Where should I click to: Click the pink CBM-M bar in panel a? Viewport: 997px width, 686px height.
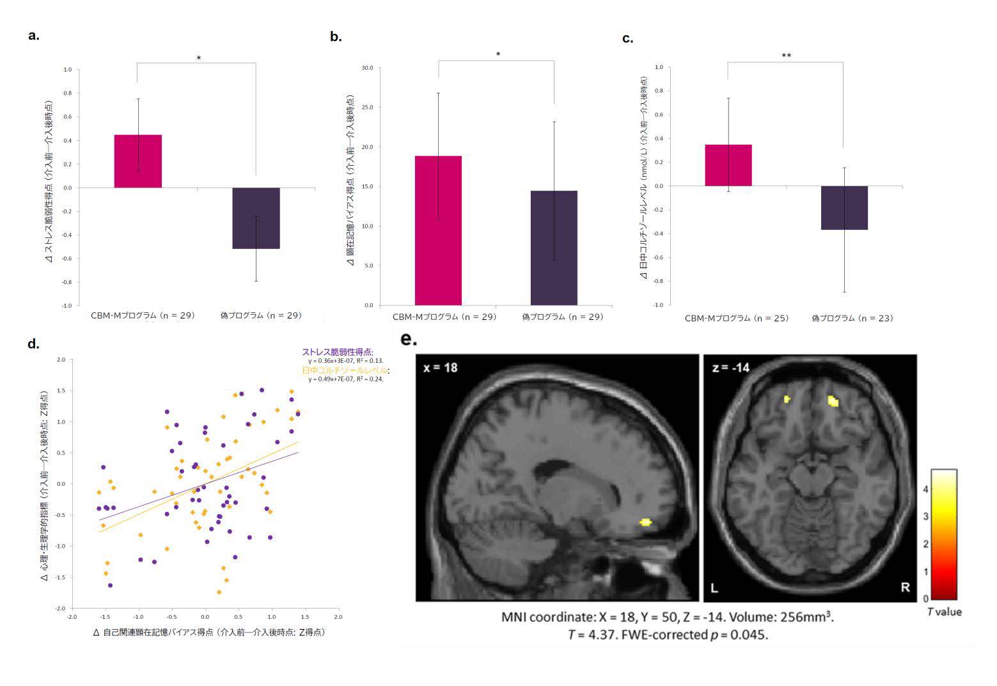(x=138, y=161)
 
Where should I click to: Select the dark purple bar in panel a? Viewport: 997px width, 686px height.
(x=256, y=218)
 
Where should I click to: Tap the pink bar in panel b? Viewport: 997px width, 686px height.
(x=438, y=230)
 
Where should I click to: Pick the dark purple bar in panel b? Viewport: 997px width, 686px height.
(x=554, y=248)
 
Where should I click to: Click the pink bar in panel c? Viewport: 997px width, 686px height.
(x=728, y=165)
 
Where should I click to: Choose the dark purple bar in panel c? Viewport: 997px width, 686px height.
(x=844, y=207)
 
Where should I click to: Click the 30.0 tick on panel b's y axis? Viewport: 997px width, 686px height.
(x=366, y=67)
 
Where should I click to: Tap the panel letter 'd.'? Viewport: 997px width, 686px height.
(x=33, y=344)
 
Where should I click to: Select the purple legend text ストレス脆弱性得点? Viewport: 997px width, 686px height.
(x=337, y=352)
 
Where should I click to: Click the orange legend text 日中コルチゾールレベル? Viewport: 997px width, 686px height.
(x=346, y=371)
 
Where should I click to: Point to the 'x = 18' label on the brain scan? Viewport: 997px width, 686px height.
(x=440, y=367)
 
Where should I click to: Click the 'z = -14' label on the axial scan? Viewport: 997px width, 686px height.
(x=730, y=367)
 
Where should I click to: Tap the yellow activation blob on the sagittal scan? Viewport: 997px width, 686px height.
(x=645, y=522)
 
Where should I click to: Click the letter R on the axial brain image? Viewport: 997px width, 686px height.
(x=905, y=587)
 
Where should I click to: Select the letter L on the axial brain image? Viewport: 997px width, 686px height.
(x=715, y=587)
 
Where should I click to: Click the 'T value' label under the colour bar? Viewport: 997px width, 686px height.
(x=944, y=612)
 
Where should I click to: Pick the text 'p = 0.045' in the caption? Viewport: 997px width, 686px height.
(x=739, y=635)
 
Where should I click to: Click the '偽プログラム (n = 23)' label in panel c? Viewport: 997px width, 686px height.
(x=852, y=318)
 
